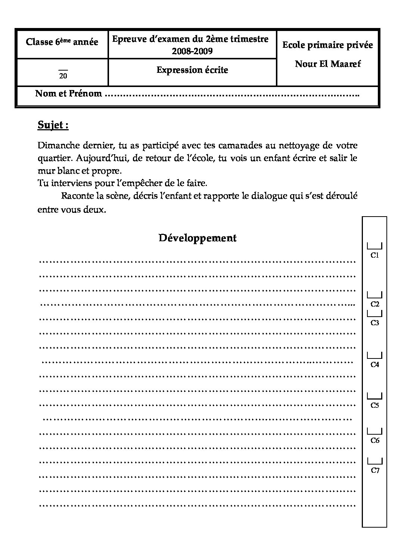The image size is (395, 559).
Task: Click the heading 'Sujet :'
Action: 53,125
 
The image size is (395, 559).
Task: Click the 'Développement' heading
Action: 197,238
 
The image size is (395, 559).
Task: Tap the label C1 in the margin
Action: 374,256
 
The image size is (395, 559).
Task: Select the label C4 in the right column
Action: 374,365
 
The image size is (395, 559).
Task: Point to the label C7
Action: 375,471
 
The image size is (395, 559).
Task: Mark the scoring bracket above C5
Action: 374,396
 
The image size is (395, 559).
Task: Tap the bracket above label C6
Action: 374,431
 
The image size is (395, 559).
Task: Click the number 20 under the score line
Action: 63,76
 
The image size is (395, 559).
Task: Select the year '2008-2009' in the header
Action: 192,51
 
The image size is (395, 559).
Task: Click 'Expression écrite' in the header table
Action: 192,70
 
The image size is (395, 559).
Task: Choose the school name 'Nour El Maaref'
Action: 328,64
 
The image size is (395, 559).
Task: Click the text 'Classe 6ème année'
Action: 62,42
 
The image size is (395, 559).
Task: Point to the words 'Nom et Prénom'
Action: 68,94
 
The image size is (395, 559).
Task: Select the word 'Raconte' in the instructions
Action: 77,196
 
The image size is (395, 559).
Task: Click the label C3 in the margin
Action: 374,323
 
